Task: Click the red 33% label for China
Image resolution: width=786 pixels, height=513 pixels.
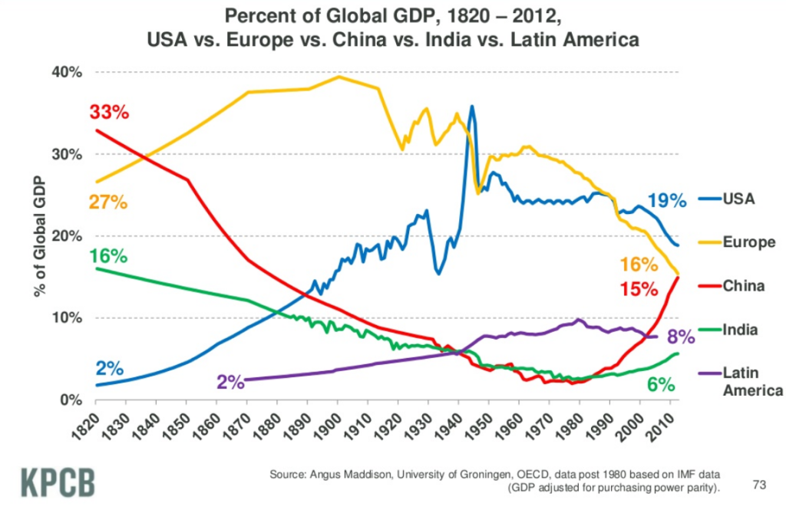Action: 109,112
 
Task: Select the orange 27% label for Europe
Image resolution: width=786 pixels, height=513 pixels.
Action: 108,203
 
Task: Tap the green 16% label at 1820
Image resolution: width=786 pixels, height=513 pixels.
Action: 108,257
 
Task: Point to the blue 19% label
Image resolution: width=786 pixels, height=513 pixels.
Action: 665,202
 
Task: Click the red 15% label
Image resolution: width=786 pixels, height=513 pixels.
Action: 639,290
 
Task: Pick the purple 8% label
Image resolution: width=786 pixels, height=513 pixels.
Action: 680,337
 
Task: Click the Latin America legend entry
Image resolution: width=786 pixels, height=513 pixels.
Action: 752,382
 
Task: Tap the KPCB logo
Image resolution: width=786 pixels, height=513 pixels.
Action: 58,483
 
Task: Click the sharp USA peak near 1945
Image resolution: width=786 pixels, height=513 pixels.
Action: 472,107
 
